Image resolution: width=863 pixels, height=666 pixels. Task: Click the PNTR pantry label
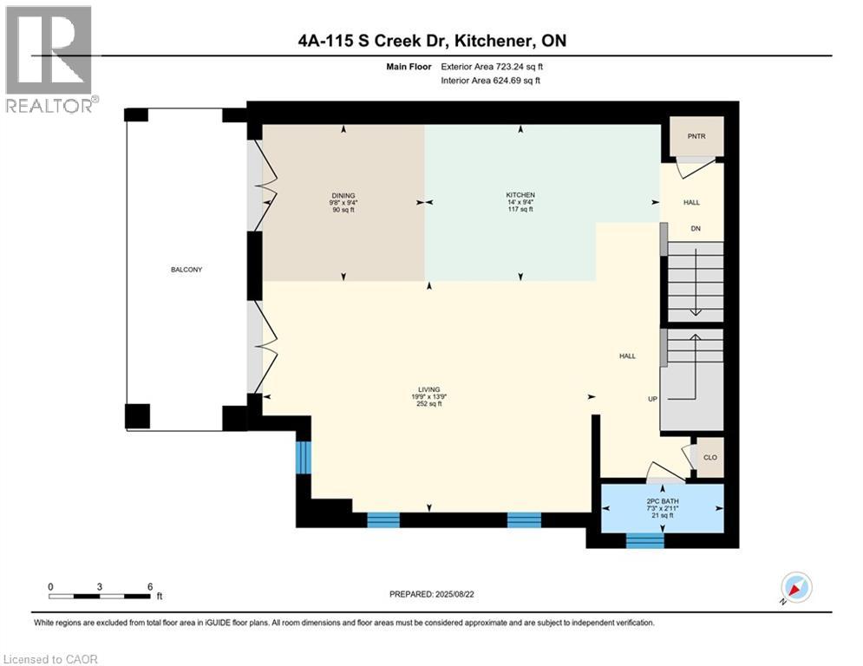click(691, 136)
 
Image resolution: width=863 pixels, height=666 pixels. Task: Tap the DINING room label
click(343, 195)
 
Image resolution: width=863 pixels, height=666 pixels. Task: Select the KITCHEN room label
click(520, 195)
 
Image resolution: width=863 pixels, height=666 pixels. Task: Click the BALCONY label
click(186, 270)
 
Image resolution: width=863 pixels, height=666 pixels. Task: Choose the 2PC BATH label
click(663, 501)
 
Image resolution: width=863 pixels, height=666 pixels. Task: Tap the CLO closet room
click(709, 457)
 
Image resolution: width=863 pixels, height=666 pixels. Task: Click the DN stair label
click(695, 229)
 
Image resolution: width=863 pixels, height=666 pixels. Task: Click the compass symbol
click(795, 587)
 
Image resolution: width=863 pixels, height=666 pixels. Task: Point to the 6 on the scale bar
click(150, 586)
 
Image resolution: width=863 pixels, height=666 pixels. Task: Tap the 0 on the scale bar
click(50, 586)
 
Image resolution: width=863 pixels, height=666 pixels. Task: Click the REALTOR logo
click(49, 59)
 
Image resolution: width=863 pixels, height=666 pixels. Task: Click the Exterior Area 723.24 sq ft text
click(492, 66)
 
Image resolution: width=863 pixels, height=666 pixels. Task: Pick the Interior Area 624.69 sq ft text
click(492, 81)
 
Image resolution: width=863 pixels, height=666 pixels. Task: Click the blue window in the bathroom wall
click(644, 539)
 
